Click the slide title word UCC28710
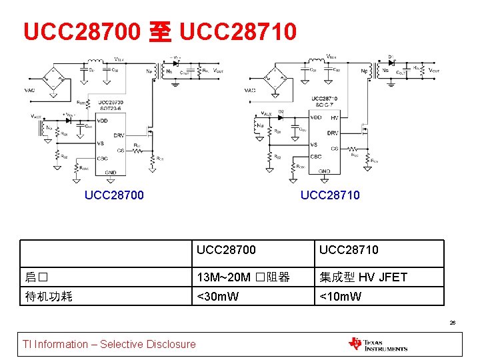point(237,31)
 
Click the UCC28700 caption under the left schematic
point(113,195)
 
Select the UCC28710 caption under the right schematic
point(330,195)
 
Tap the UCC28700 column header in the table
point(227,250)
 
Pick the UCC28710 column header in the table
point(349,250)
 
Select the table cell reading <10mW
point(340,296)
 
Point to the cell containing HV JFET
point(363,277)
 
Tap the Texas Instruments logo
point(377,344)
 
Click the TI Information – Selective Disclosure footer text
point(109,344)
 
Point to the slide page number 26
point(453,323)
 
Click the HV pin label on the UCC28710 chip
point(335,117)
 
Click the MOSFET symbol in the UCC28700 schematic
point(151,130)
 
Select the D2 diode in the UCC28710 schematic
point(281,117)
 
